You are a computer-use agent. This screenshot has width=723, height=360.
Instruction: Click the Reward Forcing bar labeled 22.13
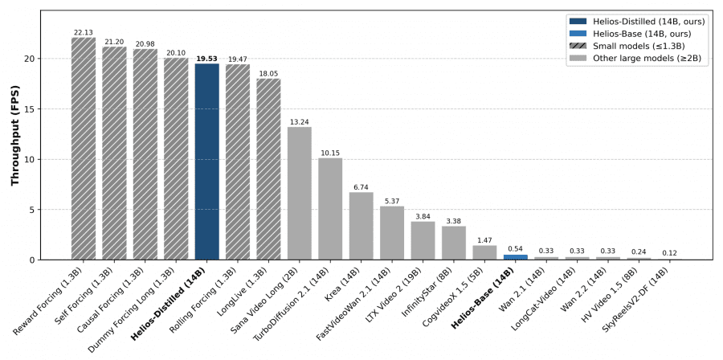(x=84, y=149)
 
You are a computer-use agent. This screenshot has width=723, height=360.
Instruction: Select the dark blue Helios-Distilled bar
(x=207, y=161)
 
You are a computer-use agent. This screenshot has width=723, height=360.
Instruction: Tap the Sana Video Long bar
(x=300, y=193)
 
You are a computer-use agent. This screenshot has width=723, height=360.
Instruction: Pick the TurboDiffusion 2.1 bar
(x=330, y=209)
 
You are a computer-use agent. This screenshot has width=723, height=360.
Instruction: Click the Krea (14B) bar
(x=361, y=226)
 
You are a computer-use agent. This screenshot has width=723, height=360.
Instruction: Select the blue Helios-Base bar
(x=516, y=257)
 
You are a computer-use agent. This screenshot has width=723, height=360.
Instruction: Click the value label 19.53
(x=207, y=59)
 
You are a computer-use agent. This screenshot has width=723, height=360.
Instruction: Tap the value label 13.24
(x=300, y=122)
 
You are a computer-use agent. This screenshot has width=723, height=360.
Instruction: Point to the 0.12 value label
(x=670, y=253)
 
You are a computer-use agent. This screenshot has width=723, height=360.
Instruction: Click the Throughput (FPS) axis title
(x=15, y=133)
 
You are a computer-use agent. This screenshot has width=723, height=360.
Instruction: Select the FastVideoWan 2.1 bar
(x=392, y=233)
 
